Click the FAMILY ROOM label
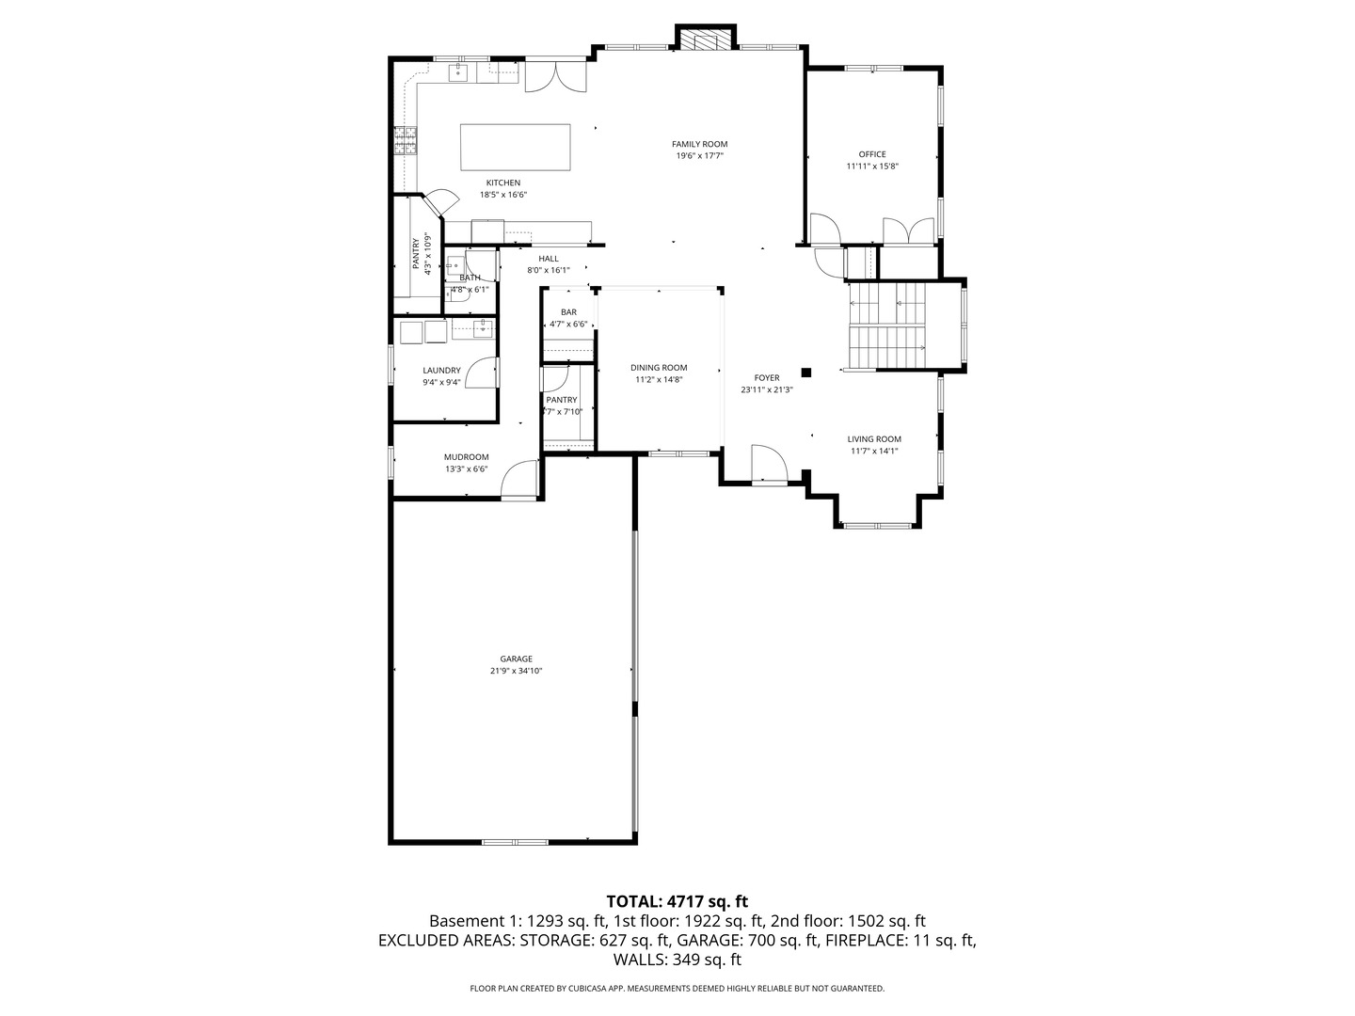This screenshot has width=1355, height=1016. [x=699, y=144]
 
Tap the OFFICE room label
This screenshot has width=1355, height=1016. [x=871, y=154]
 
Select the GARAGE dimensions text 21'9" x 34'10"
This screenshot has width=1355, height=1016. [x=516, y=671]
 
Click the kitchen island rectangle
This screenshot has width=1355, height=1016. [x=515, y=147]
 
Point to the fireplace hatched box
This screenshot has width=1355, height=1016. [x=704, y=40]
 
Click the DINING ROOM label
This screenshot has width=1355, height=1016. [x=659, y=368]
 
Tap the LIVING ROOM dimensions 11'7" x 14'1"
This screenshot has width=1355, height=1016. [x=873, y=451]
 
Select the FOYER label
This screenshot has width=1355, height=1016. [x=766, y=378]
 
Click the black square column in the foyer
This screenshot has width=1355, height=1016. [x=805, y=372]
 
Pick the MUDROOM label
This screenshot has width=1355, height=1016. [x=466, y=457]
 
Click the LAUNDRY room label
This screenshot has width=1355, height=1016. [x=441, y=371]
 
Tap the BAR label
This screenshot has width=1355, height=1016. [x=568, y=312]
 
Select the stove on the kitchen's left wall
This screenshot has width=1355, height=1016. [x=406, y=141]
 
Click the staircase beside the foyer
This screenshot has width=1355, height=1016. [x=887, y=326]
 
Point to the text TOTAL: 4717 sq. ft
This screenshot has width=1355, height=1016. [x=677, y=901]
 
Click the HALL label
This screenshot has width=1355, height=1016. [x=549, y=259]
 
